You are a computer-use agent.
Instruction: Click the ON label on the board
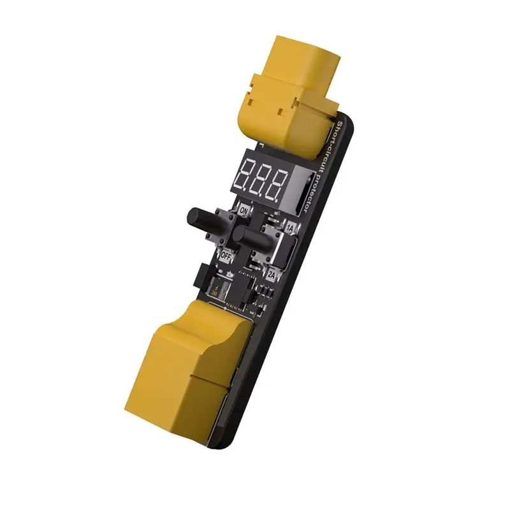(x=244, y=209)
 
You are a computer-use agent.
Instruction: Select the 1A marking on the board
(x=290, y=228)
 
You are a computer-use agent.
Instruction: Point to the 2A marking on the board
(x=272, y=275)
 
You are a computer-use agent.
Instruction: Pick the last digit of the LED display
(x=279, y=187)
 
